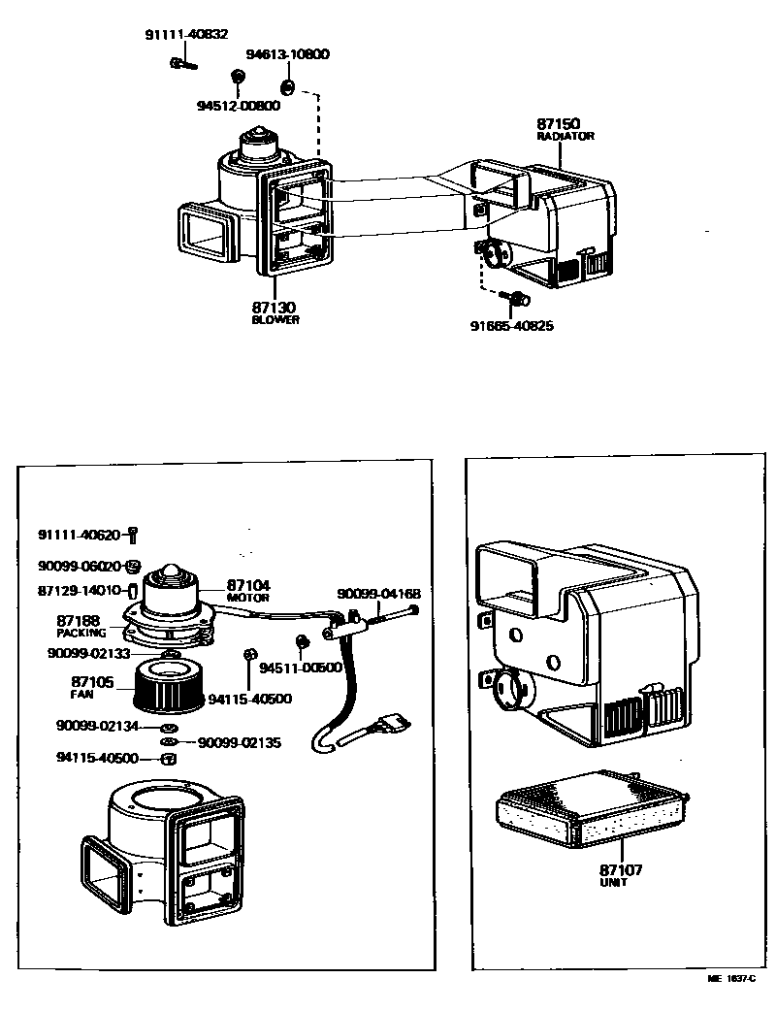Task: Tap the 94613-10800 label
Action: [287, 54]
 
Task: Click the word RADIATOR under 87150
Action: [565, 137]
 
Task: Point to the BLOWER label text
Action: [275, 320]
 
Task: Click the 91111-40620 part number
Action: [80, 534]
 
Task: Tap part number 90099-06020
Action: [80, 567]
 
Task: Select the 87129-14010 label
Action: [80, 590]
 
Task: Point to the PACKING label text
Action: [81, 633]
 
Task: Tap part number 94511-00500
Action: [302, 668]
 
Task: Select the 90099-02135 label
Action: [240, 743]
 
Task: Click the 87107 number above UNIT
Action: [620, 870]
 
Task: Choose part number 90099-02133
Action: [88, 654]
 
